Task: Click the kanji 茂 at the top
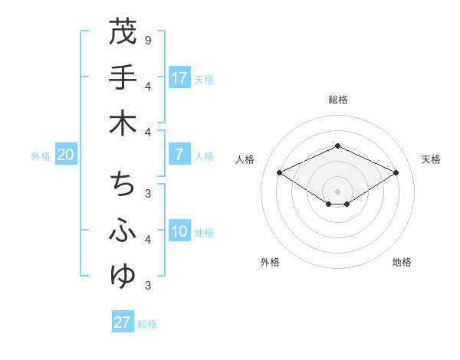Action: [x=122, y=32]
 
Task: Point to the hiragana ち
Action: [x=122, y=184]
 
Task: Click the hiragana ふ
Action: [x=122, y=231]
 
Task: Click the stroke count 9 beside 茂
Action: [x=147, y=40]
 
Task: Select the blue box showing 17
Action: [x=179, y=77]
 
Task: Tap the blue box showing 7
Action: [x=179, y=155]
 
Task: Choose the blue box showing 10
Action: [x=179, y=232]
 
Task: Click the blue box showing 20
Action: [x=65, y=155]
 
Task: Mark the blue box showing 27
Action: [x=122, y=322]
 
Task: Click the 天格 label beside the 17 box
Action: [x=204, y=79]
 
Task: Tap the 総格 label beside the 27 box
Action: [x=147, y=324]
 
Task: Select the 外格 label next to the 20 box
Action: [x=41, y=156]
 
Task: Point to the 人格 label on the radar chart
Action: [x=245, y=159]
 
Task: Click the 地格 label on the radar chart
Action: [x=402, y=262]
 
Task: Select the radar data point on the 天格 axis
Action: [x=396, y=173]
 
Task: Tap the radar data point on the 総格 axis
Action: [x=337, y=145]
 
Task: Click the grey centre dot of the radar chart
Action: [x=337, y=191]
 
